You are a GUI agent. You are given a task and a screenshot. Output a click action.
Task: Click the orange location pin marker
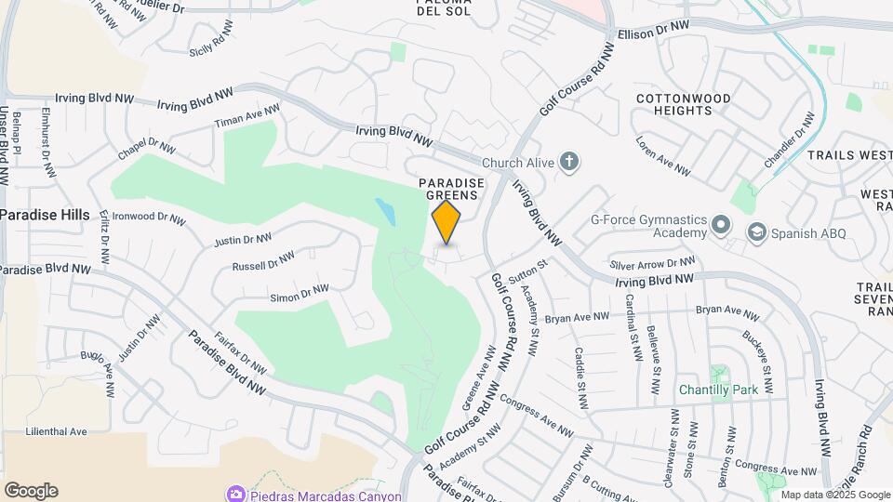tap(446, 221)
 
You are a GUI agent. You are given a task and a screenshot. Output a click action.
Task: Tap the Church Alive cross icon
tap(569, 163)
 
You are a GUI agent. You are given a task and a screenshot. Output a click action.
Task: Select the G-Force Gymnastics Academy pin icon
tap(720, 225)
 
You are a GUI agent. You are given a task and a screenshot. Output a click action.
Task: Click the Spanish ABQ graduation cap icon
tap(757, 231)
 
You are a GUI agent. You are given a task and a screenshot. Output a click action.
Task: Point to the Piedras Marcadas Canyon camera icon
tap(235, 495)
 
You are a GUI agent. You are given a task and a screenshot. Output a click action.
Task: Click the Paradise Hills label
tap(45, 215)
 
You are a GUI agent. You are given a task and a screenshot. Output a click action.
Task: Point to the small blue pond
tap(386, 212)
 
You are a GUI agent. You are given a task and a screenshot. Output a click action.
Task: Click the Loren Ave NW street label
tap(663, 157)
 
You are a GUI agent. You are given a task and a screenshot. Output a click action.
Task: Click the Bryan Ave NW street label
tap(577, 318)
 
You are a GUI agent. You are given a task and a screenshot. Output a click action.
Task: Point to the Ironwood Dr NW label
tap(149, 218)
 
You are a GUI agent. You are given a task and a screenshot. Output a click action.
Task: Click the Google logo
tap(31, 491)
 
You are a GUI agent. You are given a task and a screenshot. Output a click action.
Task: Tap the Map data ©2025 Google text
tap(836, 495)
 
